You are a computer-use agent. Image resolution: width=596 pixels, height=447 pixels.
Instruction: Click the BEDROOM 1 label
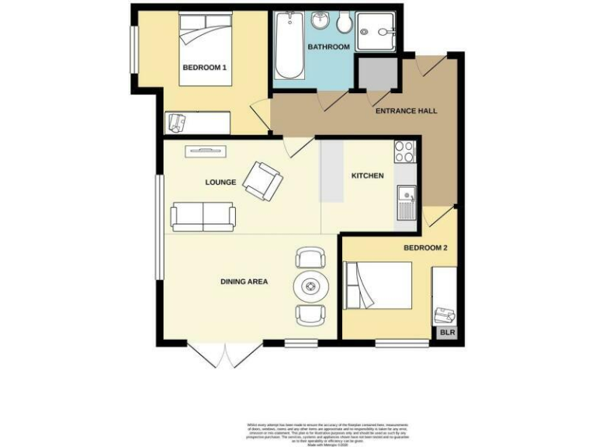(x=204, y=68)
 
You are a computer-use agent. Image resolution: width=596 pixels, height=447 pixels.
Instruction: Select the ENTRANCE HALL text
(x=406, y=111)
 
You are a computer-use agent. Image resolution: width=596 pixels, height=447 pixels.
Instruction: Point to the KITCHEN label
(x=367, y=176)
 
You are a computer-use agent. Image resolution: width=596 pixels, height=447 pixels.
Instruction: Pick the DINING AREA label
(x=244, y=282)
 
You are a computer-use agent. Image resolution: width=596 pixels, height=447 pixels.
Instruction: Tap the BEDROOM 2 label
(x=424, y=248)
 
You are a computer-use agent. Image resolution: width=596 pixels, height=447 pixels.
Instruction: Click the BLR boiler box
(x=448, y=333)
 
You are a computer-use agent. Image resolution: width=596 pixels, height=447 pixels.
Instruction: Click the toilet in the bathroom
(x=345, y=23)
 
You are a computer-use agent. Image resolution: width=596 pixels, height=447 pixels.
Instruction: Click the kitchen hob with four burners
(x=405, y=152)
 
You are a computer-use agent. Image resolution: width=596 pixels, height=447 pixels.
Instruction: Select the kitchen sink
(x=406, y=202)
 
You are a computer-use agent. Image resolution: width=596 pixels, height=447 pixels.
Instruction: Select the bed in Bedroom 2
(x=378, y=286)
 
